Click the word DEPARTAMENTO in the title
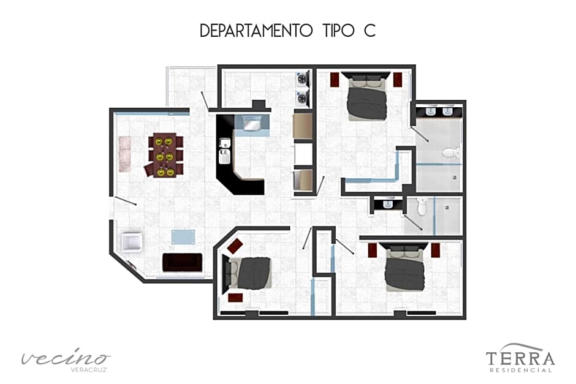[256, 31]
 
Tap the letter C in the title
[368, 31]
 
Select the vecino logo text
[66, 358]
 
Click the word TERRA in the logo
[520, 358]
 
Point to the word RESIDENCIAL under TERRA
[520, 370]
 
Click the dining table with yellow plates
[164, 156]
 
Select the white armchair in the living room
[132, 242]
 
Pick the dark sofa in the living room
[182, 262]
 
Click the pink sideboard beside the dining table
[125, 153]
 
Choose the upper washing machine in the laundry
[302, 79]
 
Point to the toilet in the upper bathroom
[451, 153]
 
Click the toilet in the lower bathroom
[421, 207]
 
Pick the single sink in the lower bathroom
[387, 204]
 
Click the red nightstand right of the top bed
[398, 80]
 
